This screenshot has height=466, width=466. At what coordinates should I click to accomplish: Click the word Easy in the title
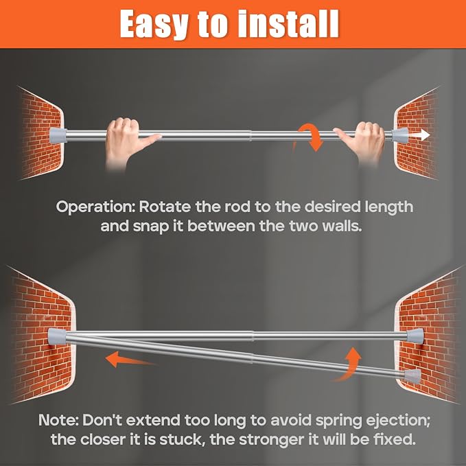point(154,25)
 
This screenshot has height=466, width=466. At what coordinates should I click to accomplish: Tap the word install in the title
point(288,23)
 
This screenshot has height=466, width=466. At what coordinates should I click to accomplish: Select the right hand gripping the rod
point(362,142)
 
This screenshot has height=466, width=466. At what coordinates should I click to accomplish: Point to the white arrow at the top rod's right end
point(419,135)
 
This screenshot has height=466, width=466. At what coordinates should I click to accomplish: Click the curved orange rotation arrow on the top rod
point(310,137)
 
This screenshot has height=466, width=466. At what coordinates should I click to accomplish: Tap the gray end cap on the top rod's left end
point(58,135)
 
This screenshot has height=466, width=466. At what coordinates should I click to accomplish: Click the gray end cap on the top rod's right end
point(399,135)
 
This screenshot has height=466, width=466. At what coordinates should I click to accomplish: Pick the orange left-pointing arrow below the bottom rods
point(131,359)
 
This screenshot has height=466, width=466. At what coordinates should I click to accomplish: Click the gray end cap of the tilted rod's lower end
point(412,376)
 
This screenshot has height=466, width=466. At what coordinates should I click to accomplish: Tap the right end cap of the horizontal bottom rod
point(415,336)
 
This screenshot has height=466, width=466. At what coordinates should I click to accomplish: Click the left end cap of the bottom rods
point(57,336)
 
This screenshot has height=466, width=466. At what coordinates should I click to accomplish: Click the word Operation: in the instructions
point(95,207)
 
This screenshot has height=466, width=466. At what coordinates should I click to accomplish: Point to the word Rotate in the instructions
point(165,207)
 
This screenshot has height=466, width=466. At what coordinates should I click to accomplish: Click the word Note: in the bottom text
point(58,420)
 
